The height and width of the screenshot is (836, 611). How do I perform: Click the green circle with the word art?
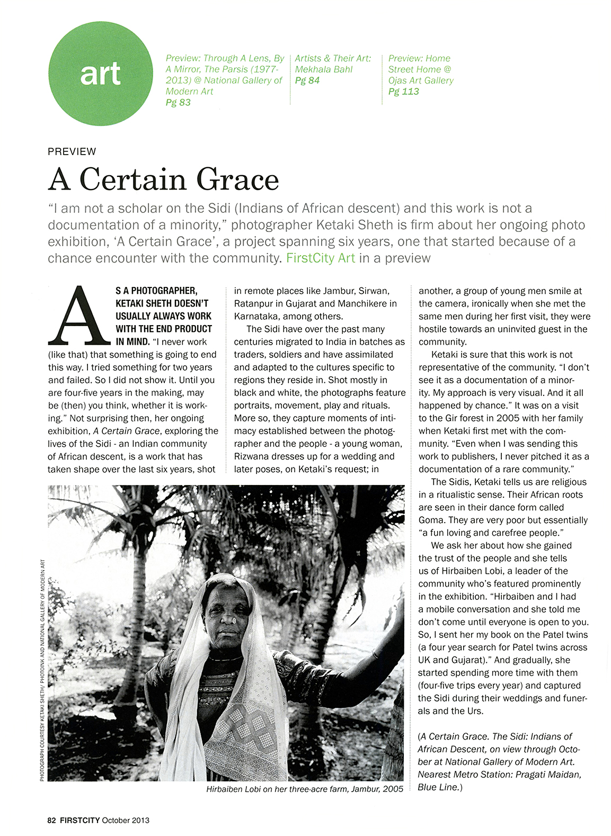[101, 74]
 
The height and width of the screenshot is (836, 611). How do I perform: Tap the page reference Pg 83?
[178, 103]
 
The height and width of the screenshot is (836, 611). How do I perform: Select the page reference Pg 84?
[307, 80]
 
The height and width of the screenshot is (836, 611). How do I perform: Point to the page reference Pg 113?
[403, 92]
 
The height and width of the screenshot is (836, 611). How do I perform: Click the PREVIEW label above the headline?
[72, 151]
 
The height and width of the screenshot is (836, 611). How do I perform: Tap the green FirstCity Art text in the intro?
[321, 258]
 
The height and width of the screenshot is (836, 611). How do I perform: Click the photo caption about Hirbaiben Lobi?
[304, 789]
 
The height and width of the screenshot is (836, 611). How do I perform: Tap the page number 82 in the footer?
[51, 820]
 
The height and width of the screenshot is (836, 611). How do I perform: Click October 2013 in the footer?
[126, 820]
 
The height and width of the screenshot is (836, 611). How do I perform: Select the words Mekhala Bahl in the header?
[323, 69]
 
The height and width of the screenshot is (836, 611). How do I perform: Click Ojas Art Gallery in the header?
[421, 80]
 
